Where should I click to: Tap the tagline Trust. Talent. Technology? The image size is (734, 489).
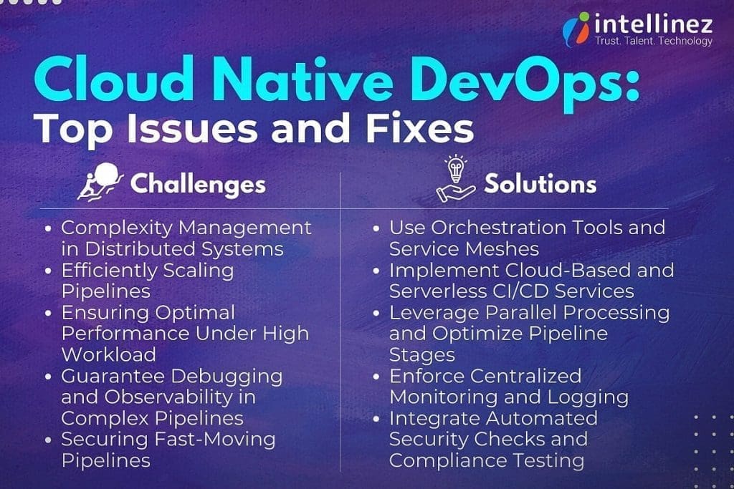(x=654, y=42)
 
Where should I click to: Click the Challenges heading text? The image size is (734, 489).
(x=198, y=184)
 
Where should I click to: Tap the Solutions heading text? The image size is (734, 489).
(x=540, y=184)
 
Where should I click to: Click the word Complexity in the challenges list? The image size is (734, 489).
(x=115, y=228)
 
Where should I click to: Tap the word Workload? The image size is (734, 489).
(x=108, y=354)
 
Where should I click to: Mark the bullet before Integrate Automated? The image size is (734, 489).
(x=378, y=419)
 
